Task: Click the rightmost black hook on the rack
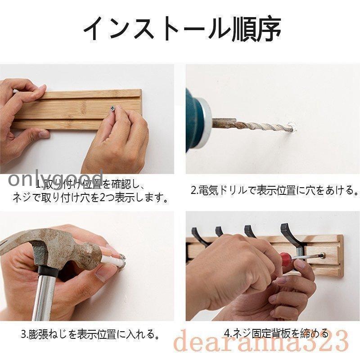click(288, 234)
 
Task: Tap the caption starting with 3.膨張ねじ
click(90, 334)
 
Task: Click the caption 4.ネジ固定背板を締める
click(276, 333)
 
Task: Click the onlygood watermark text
click(52, 178)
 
